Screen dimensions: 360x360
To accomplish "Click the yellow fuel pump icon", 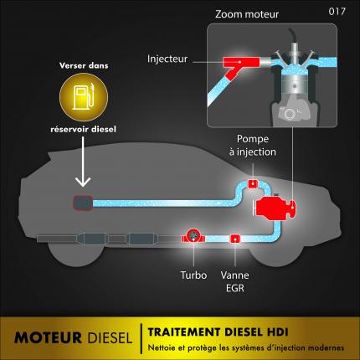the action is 84,97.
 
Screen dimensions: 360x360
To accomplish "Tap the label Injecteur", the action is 167,59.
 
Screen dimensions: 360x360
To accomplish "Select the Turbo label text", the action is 193,275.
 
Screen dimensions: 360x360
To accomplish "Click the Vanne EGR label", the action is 235,281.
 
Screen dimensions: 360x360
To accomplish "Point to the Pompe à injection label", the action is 253,146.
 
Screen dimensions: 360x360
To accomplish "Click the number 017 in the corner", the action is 337,12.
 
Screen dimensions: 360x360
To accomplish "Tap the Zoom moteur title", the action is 247,14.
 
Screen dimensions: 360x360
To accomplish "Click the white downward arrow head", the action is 83,181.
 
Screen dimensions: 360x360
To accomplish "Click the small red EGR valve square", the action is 235,239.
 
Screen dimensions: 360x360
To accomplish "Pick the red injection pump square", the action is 253,183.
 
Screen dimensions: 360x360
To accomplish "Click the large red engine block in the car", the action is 275,208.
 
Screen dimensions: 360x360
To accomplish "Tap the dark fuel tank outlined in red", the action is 83,203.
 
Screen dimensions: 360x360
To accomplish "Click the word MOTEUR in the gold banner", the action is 48,337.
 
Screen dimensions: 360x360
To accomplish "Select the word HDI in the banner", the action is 277,332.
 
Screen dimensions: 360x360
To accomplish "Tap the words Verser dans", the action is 84,65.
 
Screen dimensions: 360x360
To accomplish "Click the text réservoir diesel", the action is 83,129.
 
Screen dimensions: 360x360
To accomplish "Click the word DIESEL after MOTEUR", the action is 110,337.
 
